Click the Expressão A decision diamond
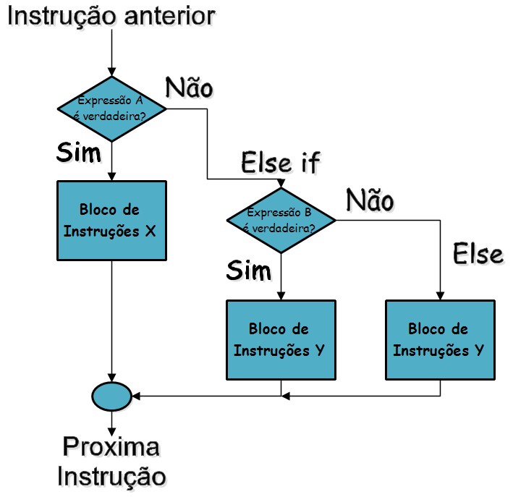coord(112,109)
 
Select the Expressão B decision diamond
coord(281,220)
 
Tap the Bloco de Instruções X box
coord(112,220)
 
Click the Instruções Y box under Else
coord(440,340)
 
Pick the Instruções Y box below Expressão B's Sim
coord(281,340)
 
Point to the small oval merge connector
coord(112,396)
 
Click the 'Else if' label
coord(279,163)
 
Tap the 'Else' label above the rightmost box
coord(477,254)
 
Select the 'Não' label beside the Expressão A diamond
coord(190,87)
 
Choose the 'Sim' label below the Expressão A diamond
coord(79,153)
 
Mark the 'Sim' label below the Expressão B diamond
coord(248,270)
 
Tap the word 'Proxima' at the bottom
coord(111,446)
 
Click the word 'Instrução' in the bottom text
coord(111,476)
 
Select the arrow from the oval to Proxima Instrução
coord(112,422)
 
